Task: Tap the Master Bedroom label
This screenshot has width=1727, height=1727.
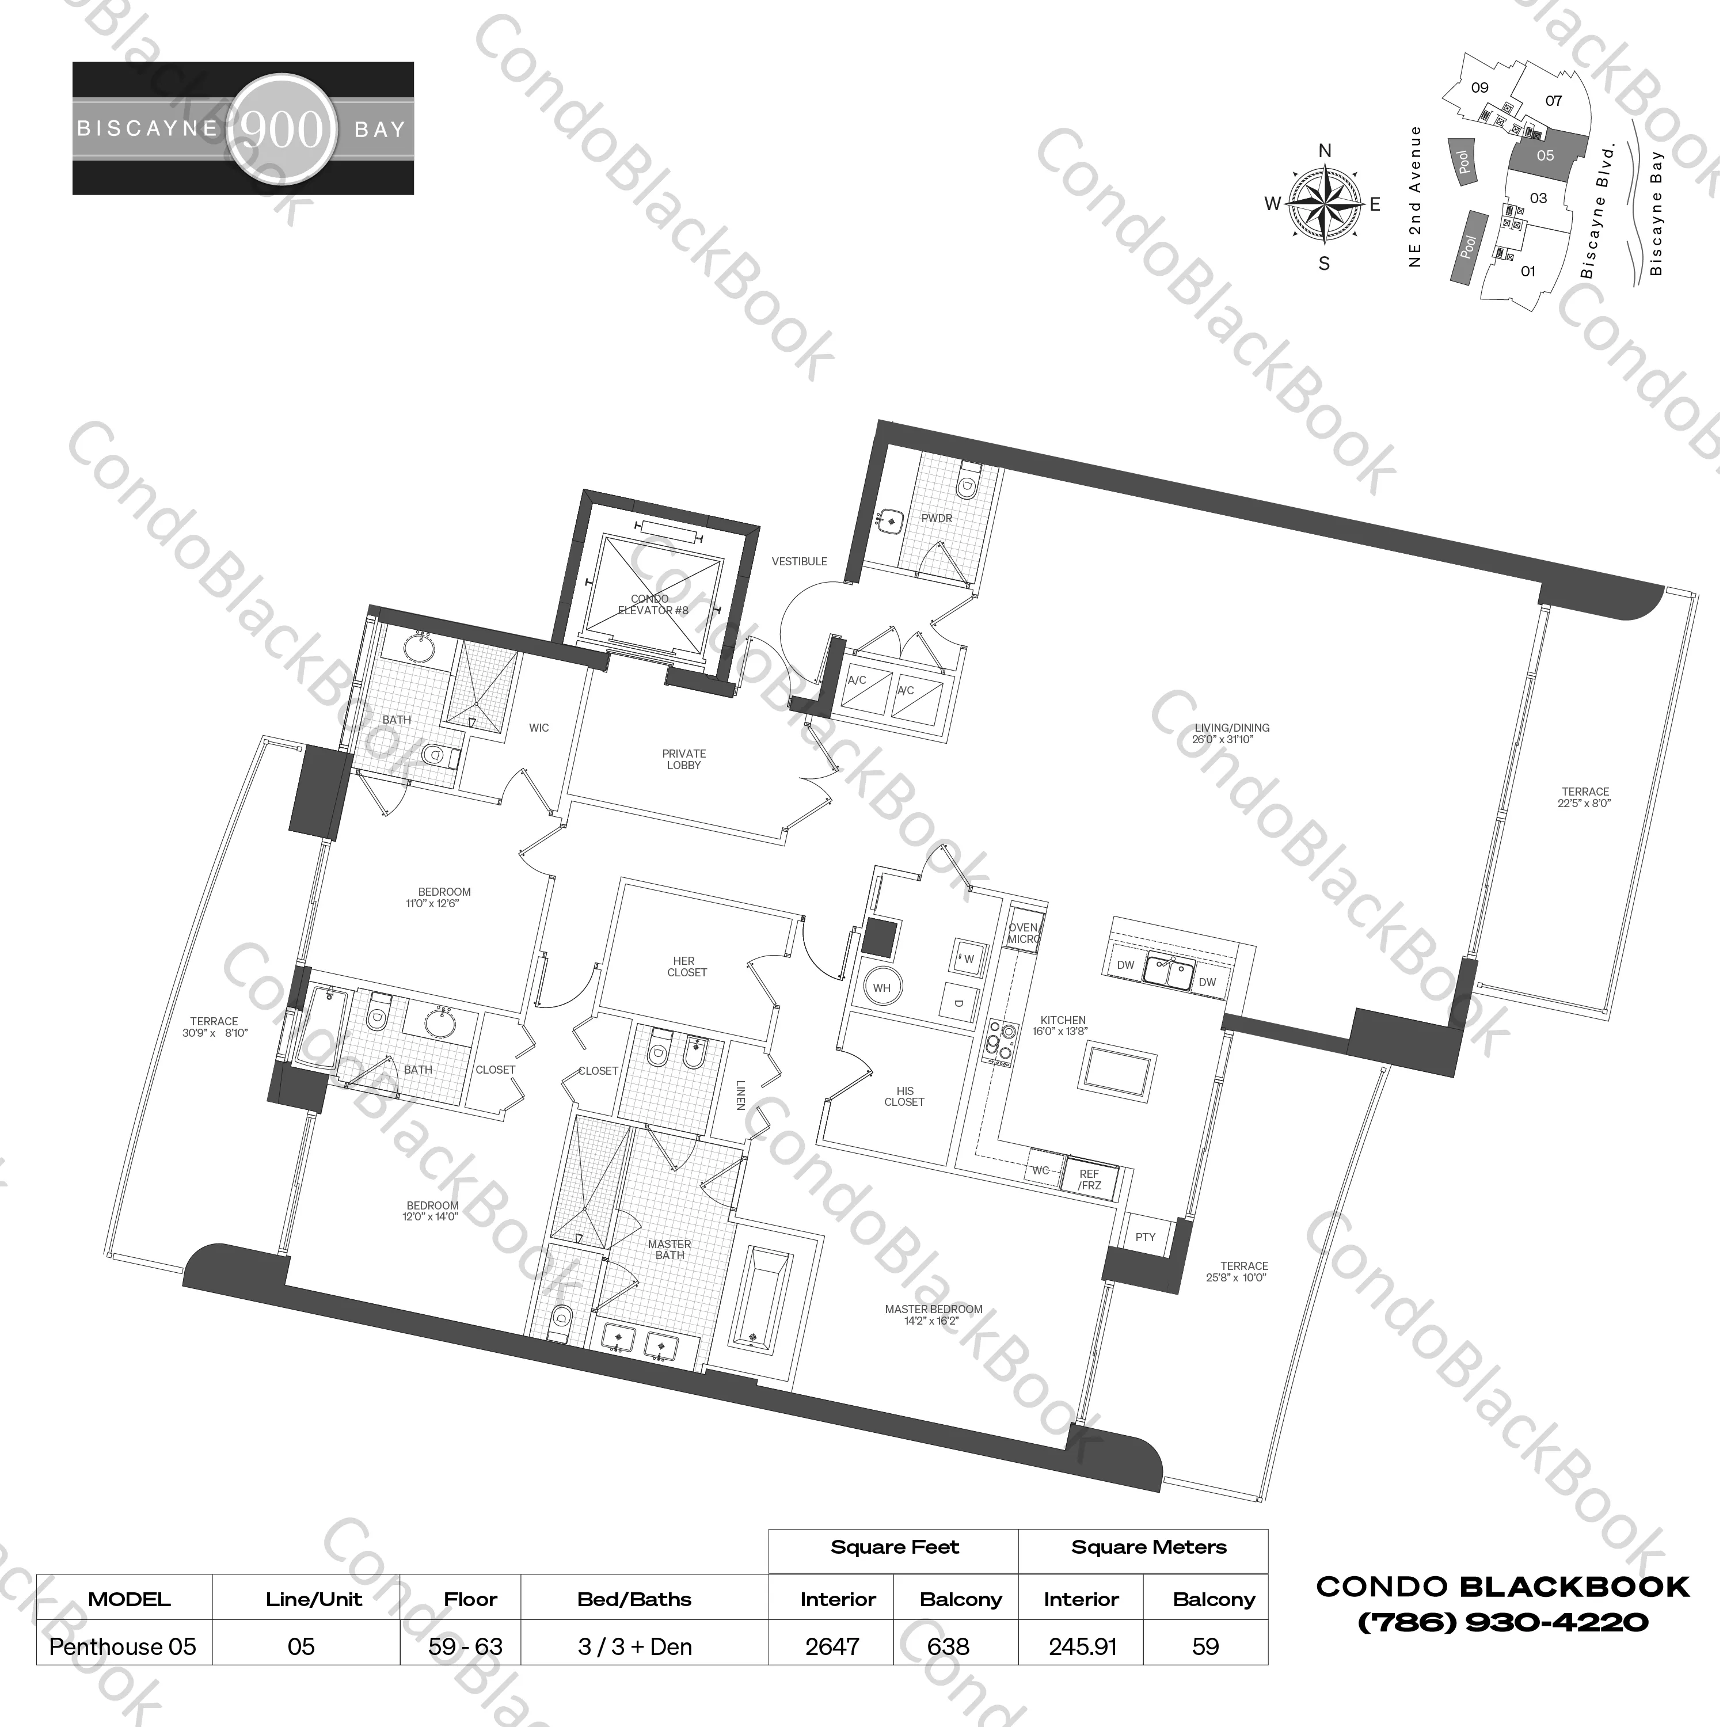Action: [933, 1314]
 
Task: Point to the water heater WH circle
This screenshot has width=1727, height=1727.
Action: [882, 988]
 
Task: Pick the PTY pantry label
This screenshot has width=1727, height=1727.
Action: [1145, 1237]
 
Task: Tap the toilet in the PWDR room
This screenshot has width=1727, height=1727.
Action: [965, 485]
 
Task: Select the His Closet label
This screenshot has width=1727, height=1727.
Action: [904, 1096]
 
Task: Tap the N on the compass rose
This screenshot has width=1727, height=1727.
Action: [1325, 151]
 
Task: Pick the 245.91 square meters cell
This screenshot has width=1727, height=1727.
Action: [1082, 1646]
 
